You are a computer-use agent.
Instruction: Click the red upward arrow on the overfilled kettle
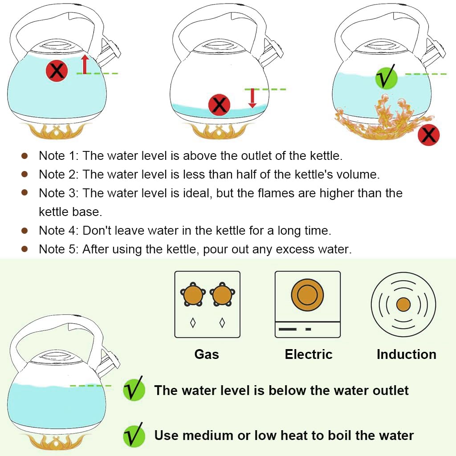(x=85, y=64)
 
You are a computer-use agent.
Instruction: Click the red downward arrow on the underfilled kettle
(x=252, y=98)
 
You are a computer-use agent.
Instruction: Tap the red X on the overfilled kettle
(x=57, y=71)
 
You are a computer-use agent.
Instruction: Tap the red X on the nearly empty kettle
(x=219, y=106)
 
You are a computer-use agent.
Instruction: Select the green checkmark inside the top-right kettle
(x=386, y=77)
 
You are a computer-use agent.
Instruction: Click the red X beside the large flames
(x=428, y=135)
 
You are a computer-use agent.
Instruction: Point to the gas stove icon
(x=207, y=304)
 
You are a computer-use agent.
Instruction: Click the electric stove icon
(x=307, y=304)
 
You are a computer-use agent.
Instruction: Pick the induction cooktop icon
(x=403, y=304)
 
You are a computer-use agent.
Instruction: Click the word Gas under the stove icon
(x=207, y=354)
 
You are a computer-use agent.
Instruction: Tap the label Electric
(x=309, y=354)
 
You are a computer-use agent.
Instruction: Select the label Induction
(x=406, y=354)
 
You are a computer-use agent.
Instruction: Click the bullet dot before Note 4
(x=25, y=231)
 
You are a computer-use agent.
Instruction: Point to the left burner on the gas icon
(x=193, y=295)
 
